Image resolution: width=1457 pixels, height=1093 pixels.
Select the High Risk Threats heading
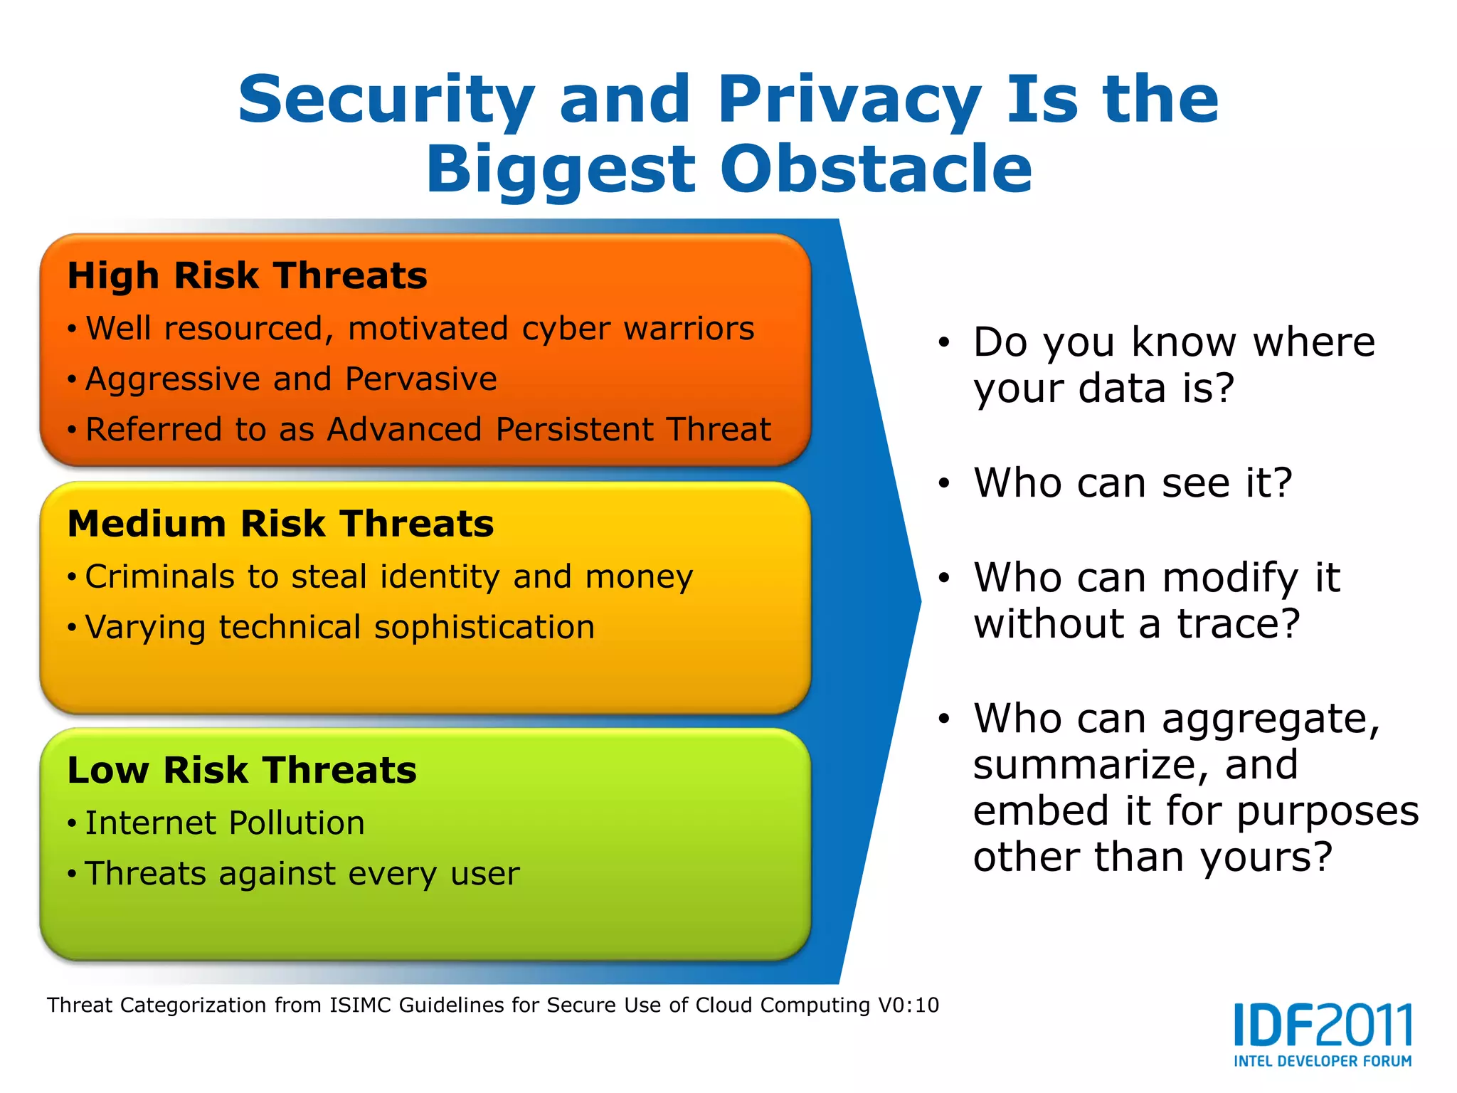click(x=247, y=276)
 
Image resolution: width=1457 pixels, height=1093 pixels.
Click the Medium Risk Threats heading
click(x=280, y=524)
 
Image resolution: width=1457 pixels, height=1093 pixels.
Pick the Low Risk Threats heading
click(x=242, y=771)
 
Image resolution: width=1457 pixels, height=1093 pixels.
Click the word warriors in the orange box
click(x=689, y=329)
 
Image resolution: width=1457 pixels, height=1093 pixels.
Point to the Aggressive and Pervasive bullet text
click(x=291, y=379)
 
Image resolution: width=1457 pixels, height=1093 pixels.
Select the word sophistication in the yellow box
click(x=484, y=627)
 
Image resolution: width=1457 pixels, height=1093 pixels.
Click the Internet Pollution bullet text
click(x=225, y=823)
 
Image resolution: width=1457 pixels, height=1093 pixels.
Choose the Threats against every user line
click(x=302, y=874)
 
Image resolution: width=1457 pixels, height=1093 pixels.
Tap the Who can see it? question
click(x=1132, y=483)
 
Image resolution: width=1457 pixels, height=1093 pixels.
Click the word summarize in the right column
click(x=1090, y=766)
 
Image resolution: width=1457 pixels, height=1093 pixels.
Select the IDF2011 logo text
click(x=1323, y=1025)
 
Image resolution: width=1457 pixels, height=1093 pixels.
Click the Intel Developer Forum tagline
click(x=1323, y=1061)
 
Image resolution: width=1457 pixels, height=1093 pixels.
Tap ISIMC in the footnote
click(x=360, y=1005)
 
